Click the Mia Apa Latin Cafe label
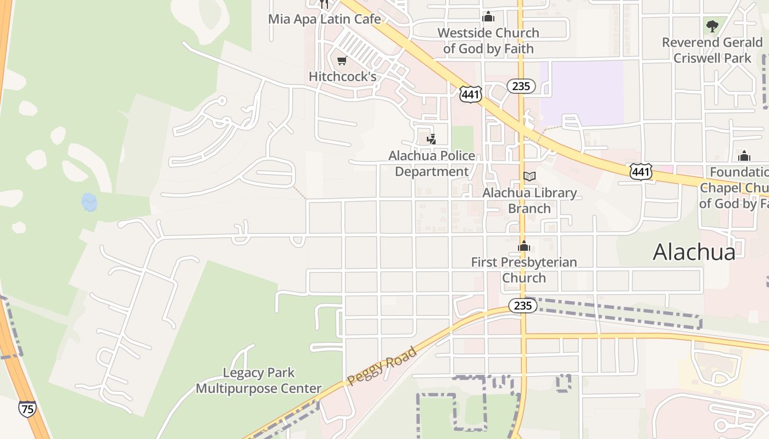pos(324,19)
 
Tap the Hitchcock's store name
pos(342,77)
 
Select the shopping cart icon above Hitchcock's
pos(342,61)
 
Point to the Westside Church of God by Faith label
pos(488,41)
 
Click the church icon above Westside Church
pos(488,17)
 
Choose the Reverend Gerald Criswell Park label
pos(712,50)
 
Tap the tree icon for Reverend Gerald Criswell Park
pos(712,26)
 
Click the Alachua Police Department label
pos(432,164)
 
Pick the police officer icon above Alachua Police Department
pos(432,139)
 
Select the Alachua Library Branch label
pos(530,200)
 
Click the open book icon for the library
pos(530,176)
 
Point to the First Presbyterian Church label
pos(524,270)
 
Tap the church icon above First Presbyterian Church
pos(524,246)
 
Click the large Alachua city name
pos(694,252)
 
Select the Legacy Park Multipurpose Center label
pos(259,381)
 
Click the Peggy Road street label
pos(382,365)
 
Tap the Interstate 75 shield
pos(27,409)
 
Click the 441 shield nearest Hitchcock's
pos(471,94)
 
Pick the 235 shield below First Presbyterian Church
pos(522,306)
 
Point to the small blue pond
pos(89,202)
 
